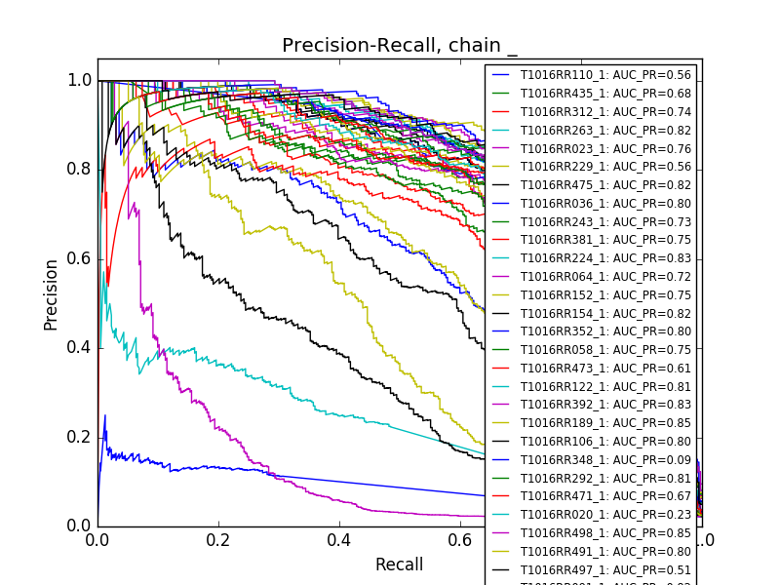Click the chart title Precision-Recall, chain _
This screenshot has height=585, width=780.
[400, 46]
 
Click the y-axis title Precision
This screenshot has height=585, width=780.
[51, 294]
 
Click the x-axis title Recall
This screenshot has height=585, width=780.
[400, 565]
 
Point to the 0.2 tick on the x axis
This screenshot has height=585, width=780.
[218, 539]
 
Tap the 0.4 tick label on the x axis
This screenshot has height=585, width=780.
[339, 539]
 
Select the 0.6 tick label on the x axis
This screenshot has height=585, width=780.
[460, 539]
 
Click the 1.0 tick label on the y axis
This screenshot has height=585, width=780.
[80, 80]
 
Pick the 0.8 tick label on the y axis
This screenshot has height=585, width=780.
[80, 169]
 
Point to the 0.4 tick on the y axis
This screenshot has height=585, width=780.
[80, 347]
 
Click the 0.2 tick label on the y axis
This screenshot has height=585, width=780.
[80, 436]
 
